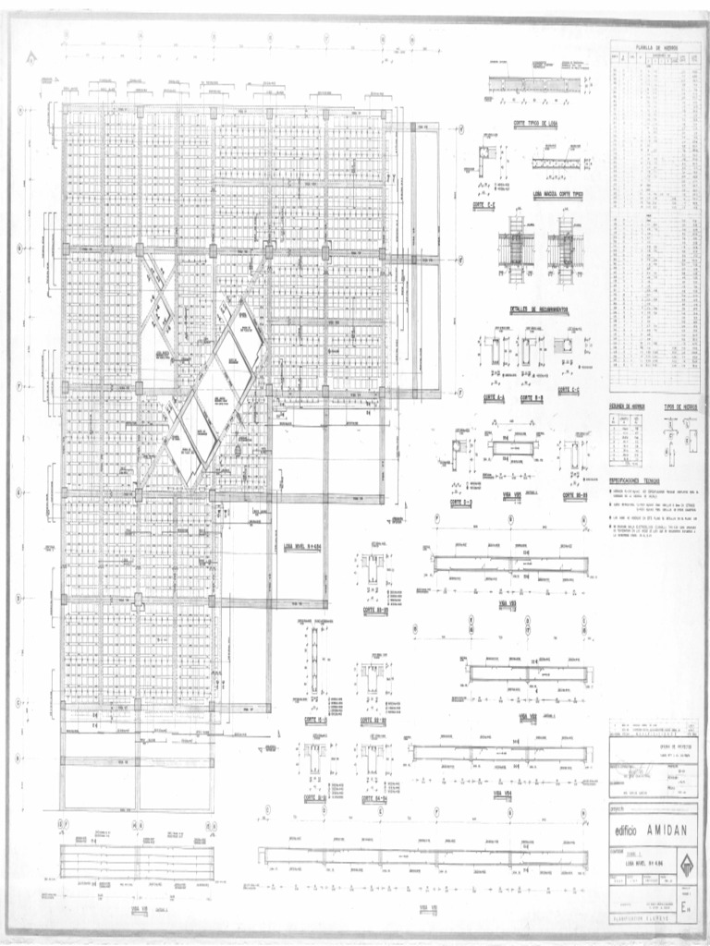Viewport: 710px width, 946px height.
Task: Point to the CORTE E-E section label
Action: tap(484, 205)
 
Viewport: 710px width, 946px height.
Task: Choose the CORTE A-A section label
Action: tap(495, 398)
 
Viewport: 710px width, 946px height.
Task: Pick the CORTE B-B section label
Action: tap(531, 398)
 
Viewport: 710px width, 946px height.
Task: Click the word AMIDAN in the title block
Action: tap(664, 830)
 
